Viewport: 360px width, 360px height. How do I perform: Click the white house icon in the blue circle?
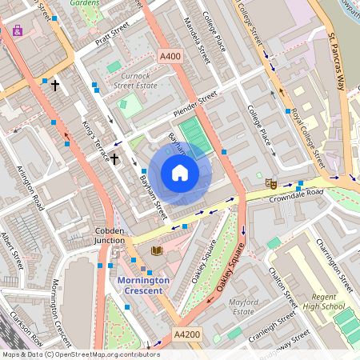(x=180, y=173)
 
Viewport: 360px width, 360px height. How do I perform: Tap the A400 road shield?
(x=170, y=56)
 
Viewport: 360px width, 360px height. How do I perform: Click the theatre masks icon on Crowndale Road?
(x=271, y=183)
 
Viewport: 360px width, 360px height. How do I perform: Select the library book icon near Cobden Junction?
(x=156, y=251)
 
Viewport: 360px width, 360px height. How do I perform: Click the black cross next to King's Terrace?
(x=114, y=160)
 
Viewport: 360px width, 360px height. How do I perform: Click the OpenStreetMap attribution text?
(x=81, y=354)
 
